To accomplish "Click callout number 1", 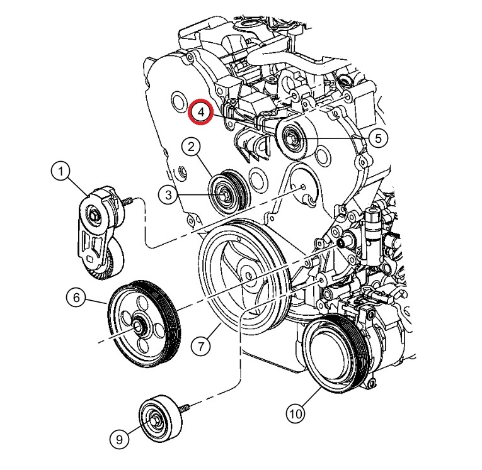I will (x=61, y=171).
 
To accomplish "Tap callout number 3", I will (x=169, y=196).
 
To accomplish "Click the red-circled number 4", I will (x=201, y=112).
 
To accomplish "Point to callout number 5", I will (x=377, y=138).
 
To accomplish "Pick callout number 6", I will (x=76, y=298).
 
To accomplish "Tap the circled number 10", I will (x=296, y=413).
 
